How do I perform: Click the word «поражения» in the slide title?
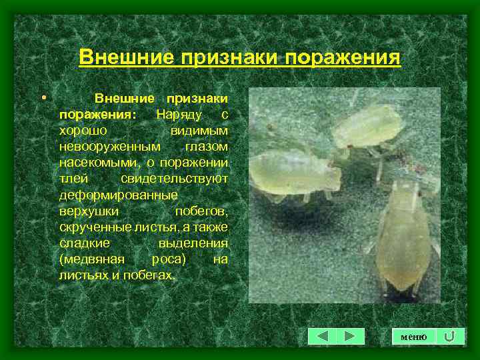[x=343, y=57]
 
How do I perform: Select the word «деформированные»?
[x=118, y=195]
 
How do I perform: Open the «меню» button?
[x=413, y=337]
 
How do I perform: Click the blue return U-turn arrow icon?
[x=450, y=337]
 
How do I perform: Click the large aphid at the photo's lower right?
[x=403, y=240]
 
